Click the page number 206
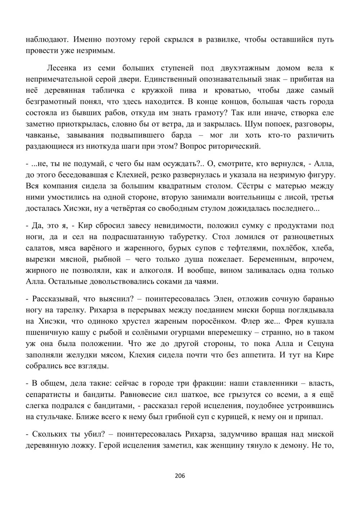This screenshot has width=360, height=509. [x=180, y=476]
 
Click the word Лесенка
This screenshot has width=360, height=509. [x=62, y=68]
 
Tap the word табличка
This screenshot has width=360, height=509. [x=109, y=90]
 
